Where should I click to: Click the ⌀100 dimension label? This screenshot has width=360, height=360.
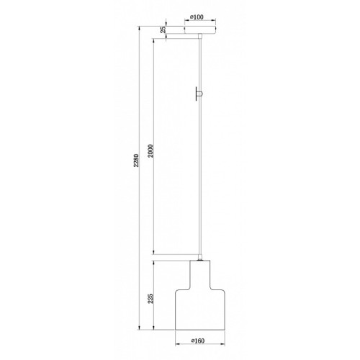(x=197, y=17)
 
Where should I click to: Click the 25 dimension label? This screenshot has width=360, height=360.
(x=163, y=30)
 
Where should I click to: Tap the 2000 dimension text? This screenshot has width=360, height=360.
(x=150, y=150)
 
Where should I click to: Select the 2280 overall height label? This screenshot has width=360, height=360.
(x=136, y=161)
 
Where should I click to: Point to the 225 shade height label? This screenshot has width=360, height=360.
(x=150, y=298)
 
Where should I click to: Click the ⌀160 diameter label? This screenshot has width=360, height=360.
(x=198, y=341)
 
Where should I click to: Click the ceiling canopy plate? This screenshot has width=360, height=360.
(x=200, y=30)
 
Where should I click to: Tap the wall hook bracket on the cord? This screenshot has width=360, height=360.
(x=199, y=94)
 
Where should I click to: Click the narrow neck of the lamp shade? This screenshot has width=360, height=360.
(x=200, y=275)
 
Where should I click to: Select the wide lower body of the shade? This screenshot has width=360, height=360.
(x=200, y=310)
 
